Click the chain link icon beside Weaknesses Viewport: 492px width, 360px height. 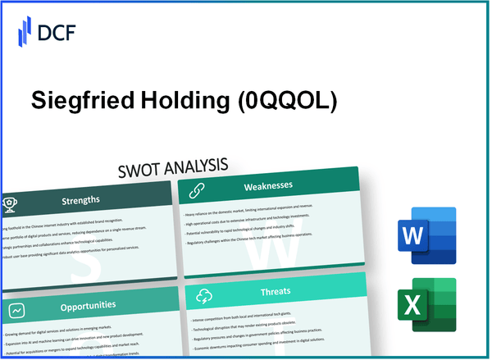[197, 190]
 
